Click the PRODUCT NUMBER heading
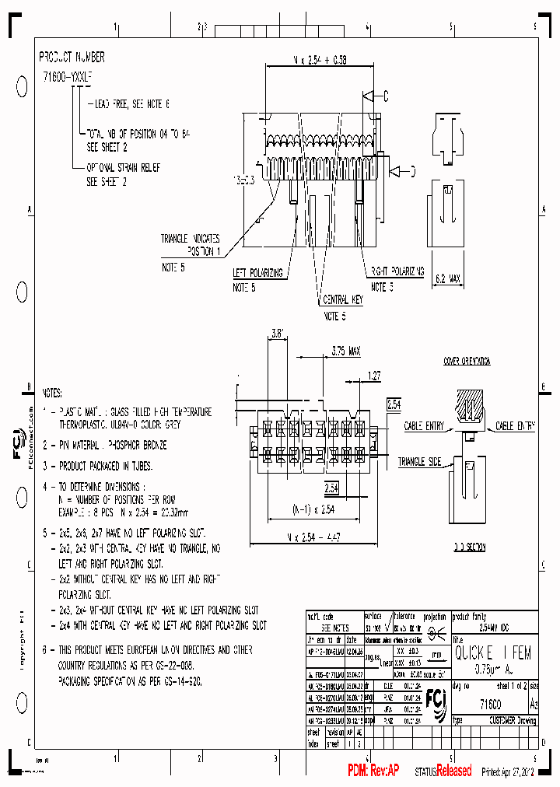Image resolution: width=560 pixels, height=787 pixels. (72, 58)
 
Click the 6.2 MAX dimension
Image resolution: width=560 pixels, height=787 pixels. (447, 277)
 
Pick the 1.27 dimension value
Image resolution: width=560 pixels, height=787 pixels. (373, 376)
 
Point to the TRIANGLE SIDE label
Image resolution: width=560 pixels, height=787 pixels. (420, 462)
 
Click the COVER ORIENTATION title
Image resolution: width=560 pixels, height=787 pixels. (467, 362)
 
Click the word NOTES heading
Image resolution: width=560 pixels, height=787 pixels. (52, 394)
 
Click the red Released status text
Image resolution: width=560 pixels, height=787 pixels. (453, 771)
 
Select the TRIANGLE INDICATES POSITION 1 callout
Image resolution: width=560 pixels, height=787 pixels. (191, 245)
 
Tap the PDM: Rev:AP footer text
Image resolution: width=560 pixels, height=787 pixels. (373, 771)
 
